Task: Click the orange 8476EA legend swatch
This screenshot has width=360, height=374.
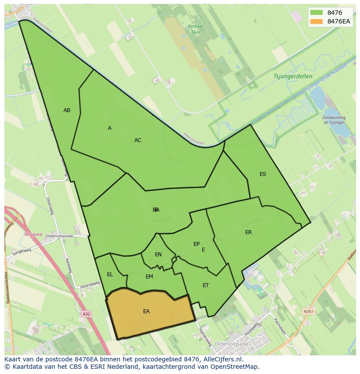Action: pyautogui.click(x=317, y=22)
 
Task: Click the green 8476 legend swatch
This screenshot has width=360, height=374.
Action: pyautogui.click(x=317, y=13)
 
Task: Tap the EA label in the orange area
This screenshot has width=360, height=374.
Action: pyautogui.click(x=147, y=311)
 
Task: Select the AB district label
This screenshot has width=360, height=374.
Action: pyautogui.click(x=67, y=110)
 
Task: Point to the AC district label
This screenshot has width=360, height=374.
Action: pyautogui.click(x=138, y=140)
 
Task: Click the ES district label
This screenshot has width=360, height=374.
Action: pyautogui.click(x=263, y=174)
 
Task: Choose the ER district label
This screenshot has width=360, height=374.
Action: pyautogui.click(x=248, y=232)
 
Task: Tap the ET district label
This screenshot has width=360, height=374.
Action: pyautogui.click(x=206, y=285)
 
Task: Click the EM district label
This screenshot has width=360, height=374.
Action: pyautogui.click(x=149, y=277)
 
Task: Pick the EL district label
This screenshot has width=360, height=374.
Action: pyautogui.click(x=110, y=275)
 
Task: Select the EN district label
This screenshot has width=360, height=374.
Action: pyautogui.click(x=158, y=255)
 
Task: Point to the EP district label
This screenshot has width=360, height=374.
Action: pyautogui.click(x=197, y=244)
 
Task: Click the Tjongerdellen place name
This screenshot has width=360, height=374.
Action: pyautogui.click(x=293, y=76)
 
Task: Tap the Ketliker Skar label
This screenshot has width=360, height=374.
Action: pyautogui.click(x=196, y=29)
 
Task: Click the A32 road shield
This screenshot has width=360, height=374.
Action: pyautogui.click(x=87, y=313)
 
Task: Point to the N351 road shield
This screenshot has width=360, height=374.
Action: pyautogui.click(x=308, y=311)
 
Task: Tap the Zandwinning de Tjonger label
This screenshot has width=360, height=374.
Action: pyautogui.click(x=334, y=120)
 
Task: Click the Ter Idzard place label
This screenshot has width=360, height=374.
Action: pyautogui.click(x=33, y=235)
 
